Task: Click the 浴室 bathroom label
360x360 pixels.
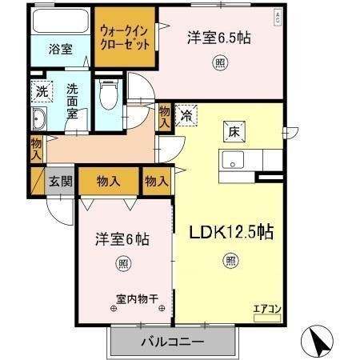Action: (61, 50)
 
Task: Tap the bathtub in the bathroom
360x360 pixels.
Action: (61, 22)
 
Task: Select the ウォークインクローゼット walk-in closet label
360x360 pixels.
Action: (125, 38)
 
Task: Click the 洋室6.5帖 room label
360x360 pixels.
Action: (219, 38)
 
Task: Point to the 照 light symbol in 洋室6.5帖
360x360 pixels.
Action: (220, 63)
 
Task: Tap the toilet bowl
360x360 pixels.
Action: (109, 94)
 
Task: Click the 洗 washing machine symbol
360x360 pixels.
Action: (42, 91)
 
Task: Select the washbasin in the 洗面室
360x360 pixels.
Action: (39, 119)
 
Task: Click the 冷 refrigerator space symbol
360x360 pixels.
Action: (186, 115)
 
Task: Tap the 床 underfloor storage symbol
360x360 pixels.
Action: (234, 132)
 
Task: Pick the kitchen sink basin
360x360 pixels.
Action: (233, 160)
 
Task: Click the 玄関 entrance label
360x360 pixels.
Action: (61, 182)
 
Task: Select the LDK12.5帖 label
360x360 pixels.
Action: (231, 232)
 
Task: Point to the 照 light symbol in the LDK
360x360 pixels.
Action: (231, 261)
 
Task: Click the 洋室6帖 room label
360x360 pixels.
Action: (122, 239)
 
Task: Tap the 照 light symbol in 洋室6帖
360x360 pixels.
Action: (123, 264)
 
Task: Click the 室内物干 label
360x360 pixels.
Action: (137, 299)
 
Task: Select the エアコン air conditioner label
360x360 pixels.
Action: (267, 309)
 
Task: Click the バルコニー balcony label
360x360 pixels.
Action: (173, 342)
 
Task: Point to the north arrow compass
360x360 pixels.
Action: (318, 342)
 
